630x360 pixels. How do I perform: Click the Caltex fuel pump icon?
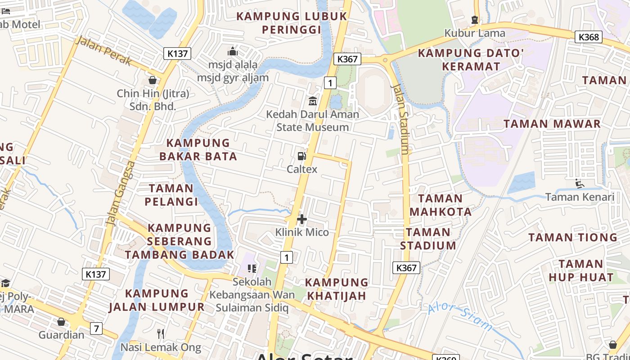(301, 156)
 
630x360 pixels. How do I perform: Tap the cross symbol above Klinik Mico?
(302, 219)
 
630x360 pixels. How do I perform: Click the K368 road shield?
(589, 36)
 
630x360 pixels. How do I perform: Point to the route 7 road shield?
(96, 328)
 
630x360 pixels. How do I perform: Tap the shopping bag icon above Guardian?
(61, 322)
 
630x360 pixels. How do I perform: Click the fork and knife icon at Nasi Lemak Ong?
(161, 333)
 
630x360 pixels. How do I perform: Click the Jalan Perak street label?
(104, 51)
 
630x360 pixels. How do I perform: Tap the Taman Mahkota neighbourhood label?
(441, 205)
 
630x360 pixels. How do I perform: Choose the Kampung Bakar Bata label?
(198, 150)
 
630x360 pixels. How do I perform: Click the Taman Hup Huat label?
(580, 270)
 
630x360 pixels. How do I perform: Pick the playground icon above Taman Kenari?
(580, 184)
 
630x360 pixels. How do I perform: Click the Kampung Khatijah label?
(337, 289)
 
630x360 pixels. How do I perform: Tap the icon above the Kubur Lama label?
(474, 19)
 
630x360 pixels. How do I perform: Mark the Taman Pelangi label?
(171, 195)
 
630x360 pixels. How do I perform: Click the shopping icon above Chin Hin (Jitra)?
(153, 80)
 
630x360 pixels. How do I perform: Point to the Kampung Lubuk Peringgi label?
(292, 23)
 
